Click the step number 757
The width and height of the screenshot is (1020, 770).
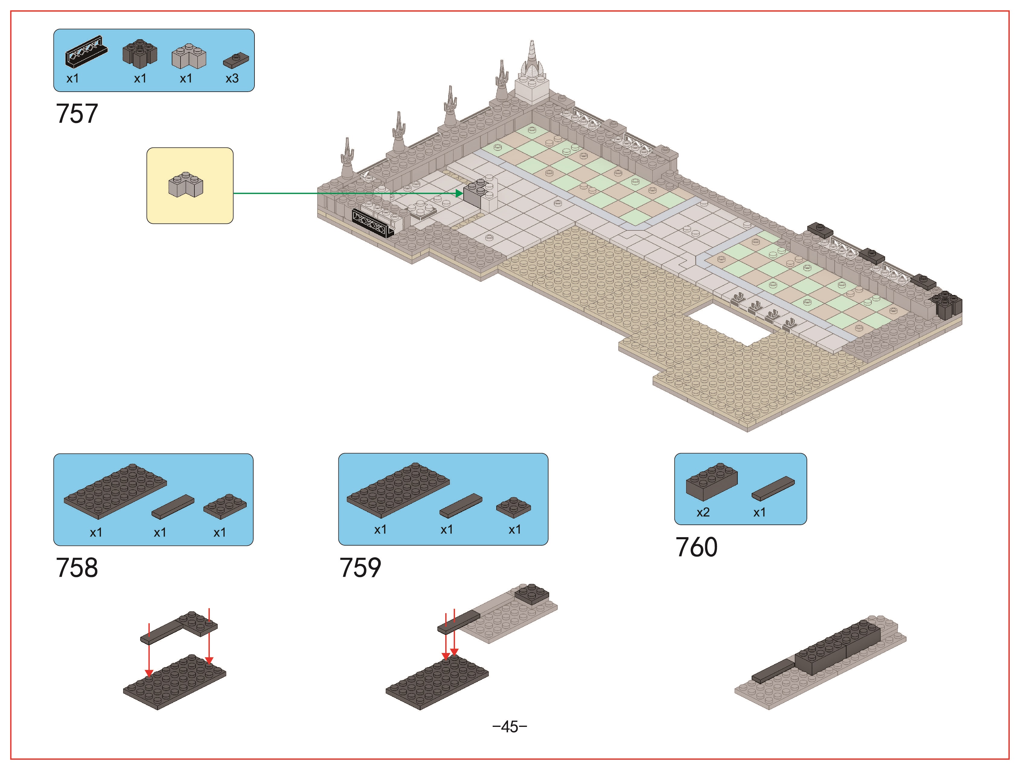[77, 113]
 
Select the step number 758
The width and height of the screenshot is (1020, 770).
[77, 567]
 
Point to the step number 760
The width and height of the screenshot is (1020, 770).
[696, 547]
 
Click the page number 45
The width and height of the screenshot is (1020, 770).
[510, 727]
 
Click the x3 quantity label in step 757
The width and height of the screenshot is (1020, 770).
[232, 78]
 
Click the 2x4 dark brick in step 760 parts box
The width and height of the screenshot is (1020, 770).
[711, 481]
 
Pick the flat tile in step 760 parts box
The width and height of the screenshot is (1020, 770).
[773, 488]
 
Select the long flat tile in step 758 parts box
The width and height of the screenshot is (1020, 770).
[173, 507]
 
